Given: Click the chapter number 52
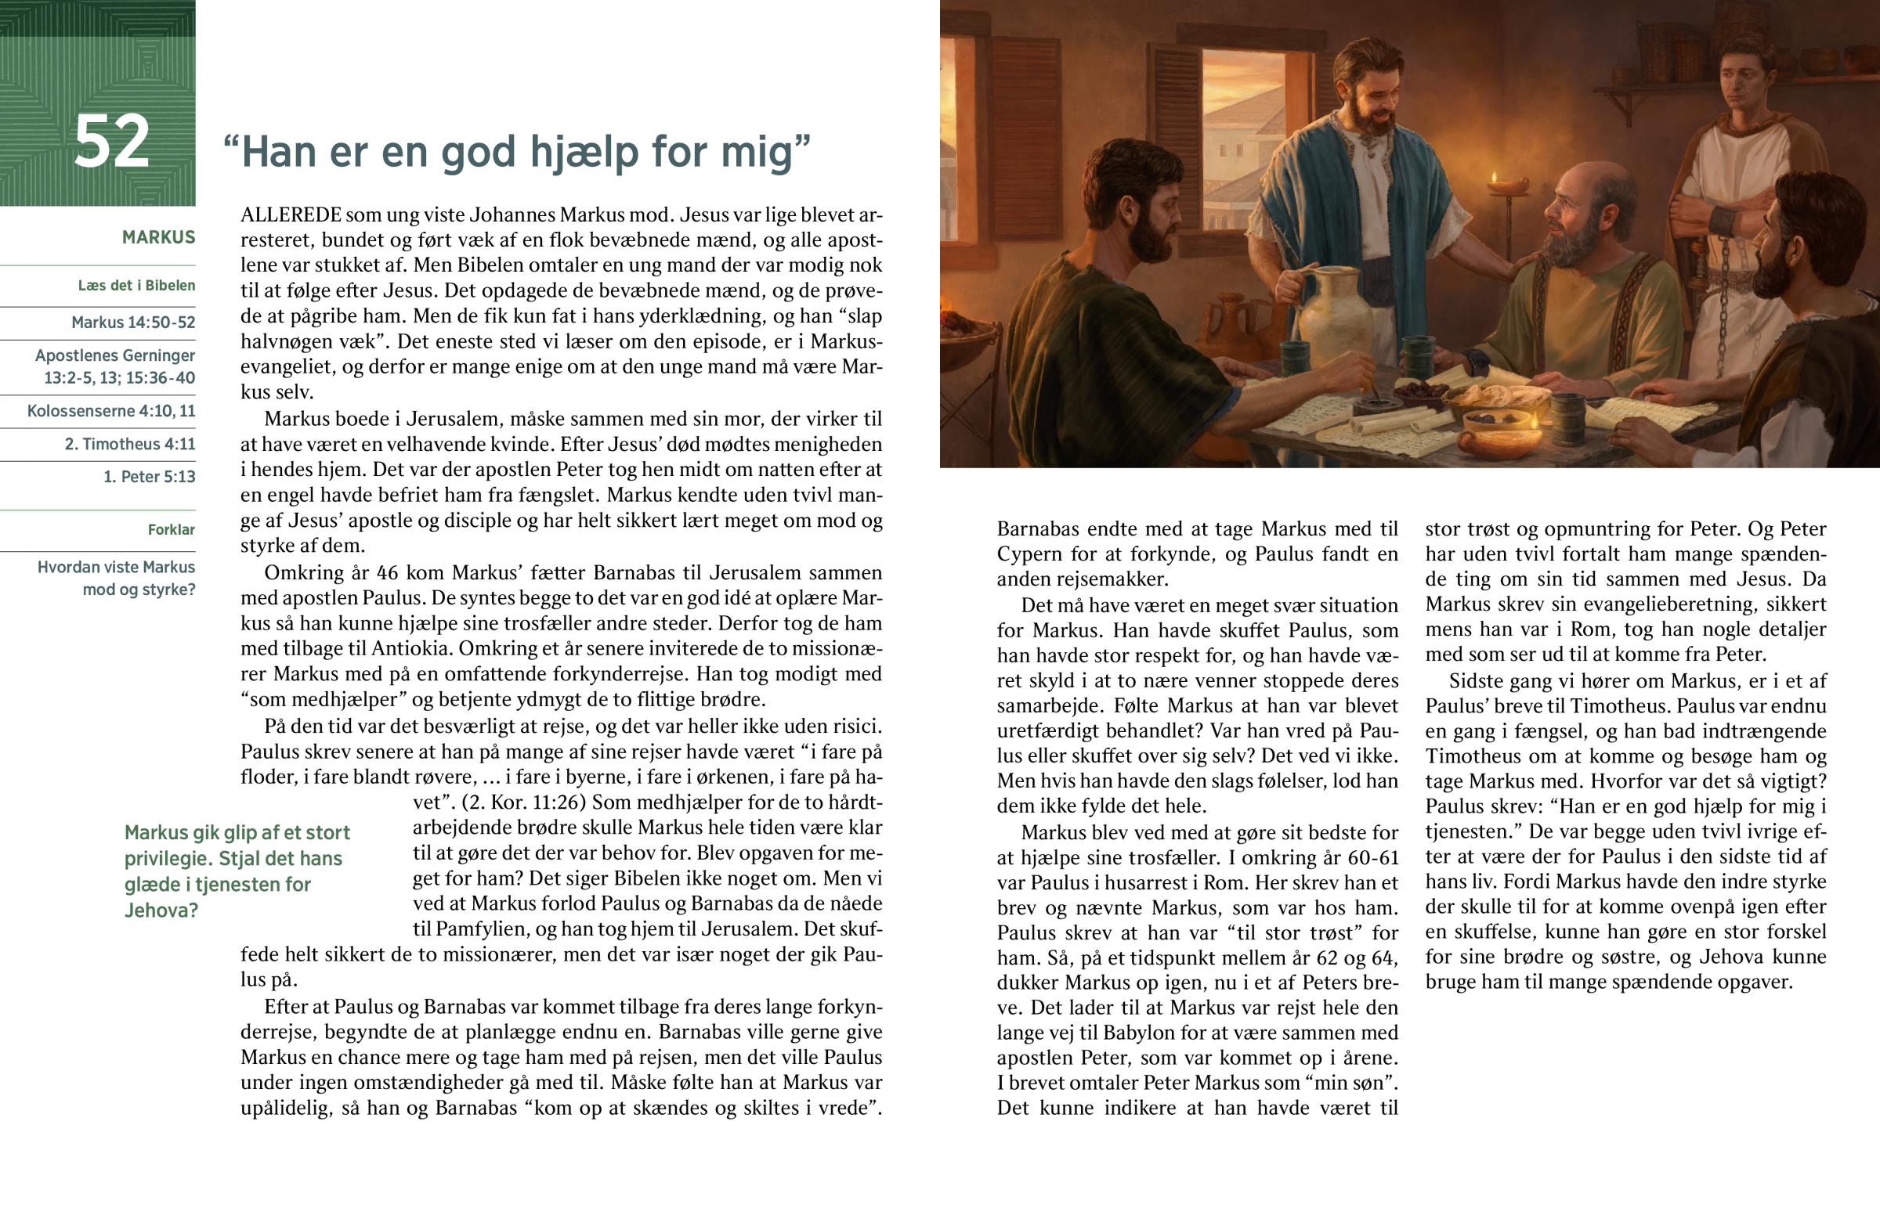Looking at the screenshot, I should [x=111, y=142].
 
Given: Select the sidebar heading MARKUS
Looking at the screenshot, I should [x=158, y=237].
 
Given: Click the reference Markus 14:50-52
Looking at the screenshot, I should [x=133, y=323].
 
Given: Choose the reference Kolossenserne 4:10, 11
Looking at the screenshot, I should [x=111, y=411].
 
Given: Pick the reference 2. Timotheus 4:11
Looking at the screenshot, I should [x=130, y=444].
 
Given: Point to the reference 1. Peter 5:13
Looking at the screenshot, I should [x=149, y=477].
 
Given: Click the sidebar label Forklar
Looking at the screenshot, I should [x=171, y=530].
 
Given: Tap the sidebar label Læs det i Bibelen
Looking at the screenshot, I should [x=136, y=286].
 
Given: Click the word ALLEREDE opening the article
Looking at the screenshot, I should [x=291, y=215].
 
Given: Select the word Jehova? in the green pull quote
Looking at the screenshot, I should [x=161, y=911].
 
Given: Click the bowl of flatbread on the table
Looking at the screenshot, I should [x=1491, y=396].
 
